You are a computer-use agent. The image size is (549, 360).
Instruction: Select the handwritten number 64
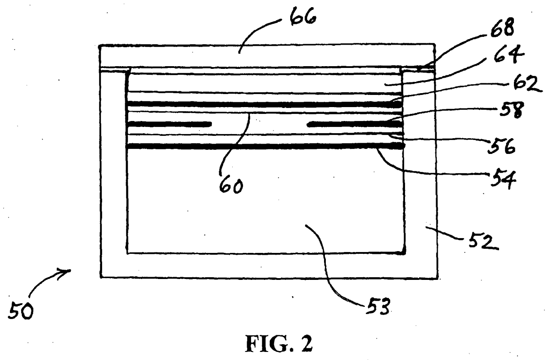coord(509,54)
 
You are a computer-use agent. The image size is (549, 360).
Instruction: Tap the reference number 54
coord(503,178)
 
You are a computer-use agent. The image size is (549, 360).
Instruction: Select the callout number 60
coord(231,185)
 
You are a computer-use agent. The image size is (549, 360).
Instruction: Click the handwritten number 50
coord(21,310)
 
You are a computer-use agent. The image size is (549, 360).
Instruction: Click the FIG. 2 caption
coord(279,344)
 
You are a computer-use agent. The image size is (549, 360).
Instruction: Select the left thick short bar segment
coord(169,124)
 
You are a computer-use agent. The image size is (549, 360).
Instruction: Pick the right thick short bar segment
coord(355,124)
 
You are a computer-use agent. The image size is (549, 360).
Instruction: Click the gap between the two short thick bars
coord(259,124)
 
